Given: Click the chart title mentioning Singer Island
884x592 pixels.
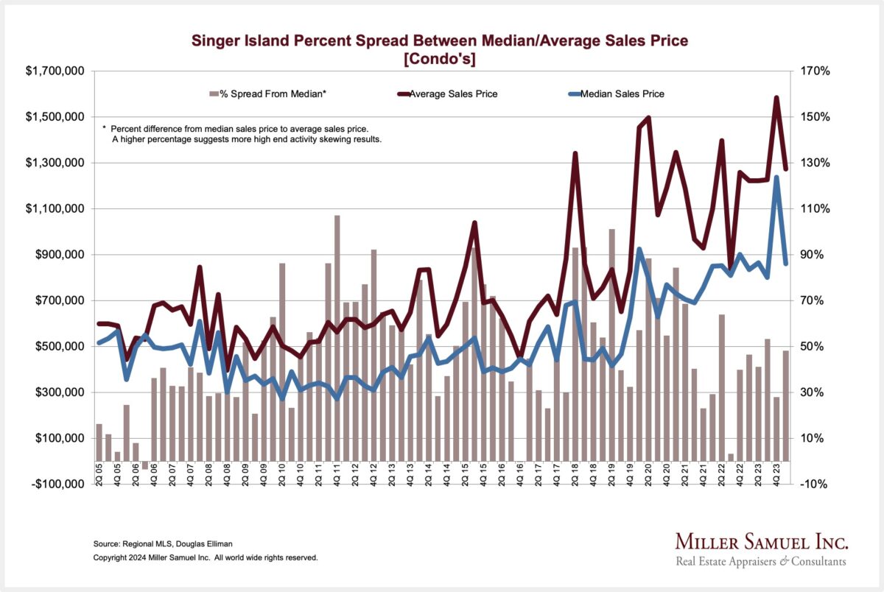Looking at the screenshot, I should (x=440, y=41).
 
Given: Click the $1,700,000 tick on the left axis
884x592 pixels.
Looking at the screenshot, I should (x=55, y=71).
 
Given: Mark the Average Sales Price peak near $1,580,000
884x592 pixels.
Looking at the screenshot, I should (x=776, y=98).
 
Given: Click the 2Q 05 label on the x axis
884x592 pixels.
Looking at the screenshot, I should (x=99, y=472).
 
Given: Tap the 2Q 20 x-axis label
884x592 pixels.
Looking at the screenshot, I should (x=648, y=472).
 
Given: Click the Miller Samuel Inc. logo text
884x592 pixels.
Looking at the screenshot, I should (x=762, y=543).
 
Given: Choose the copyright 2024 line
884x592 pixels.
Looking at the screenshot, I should (x=206, y=558).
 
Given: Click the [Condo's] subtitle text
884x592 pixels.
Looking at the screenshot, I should (x=440, y=58).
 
